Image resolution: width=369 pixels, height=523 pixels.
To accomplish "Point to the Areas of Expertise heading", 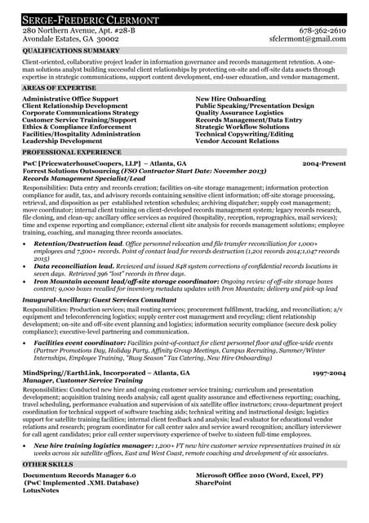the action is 59,86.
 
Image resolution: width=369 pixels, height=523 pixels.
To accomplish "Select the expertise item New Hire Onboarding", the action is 230,98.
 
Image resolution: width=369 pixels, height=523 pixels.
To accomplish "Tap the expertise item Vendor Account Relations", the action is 238,141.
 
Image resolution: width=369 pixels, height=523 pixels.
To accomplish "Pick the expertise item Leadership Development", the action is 63,141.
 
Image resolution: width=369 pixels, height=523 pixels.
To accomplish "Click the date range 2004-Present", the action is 324,163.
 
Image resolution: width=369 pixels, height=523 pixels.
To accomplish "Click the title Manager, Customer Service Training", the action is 82,380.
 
